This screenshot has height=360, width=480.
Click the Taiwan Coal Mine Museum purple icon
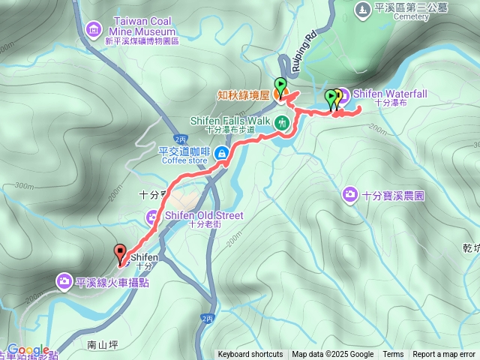pyautogui.click(x=93, y=29)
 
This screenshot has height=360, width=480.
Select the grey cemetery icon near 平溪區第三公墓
pyautogui.click(x=361, y=9)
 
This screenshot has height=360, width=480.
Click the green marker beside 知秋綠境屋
pyautogui.click(x=280, y=85)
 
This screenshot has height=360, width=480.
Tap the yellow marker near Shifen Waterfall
pyautogui.click(x=337, y=97)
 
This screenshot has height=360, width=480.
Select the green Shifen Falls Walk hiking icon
pyautogui.click(x=282, y=122)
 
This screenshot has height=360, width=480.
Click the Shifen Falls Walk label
pyautogui.click(x=229, y=121)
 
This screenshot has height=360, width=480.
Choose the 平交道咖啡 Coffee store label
pyautogui.click(x=184, y=154)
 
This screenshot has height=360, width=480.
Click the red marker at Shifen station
pyautogui.click(x=119, y=253)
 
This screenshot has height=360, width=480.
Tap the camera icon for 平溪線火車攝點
pyautogui.click(x=64, y=281)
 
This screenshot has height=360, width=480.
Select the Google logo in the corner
pyautogui.click(x=28, y=350)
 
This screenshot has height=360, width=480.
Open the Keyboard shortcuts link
pyautogui.click(x=250, y=355)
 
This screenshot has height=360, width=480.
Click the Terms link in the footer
pyautogui.click(x=393, y=355)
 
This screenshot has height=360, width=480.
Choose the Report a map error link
pyautogui.click(x=445, y=355)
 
